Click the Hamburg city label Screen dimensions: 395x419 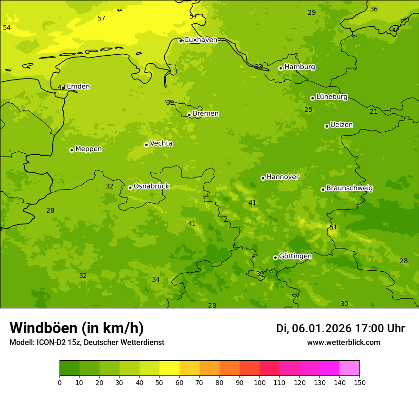[299, 67]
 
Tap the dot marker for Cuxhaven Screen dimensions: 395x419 [180, 41]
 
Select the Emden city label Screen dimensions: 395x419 [78, 87]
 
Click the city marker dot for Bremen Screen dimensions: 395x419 [189, 115]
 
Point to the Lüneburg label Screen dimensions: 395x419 [332, 97]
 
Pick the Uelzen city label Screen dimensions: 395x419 [341, 125]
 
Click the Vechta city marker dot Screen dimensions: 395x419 [146, 145]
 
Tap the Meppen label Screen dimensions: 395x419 [89, 149]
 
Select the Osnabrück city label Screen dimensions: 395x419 [151, 186]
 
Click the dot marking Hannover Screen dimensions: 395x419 [263, 178]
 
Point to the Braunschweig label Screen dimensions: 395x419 [349, 188]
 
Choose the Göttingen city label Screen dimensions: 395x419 [295, 256]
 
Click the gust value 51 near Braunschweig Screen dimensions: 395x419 [333, 227]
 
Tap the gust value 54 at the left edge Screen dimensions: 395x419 [7, 28]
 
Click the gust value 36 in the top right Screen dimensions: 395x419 [374, 9]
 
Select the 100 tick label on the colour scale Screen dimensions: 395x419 [259, 382]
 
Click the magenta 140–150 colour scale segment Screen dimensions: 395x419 [349, 368]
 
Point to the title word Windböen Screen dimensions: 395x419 [44, 328]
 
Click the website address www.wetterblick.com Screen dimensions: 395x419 [343, 342]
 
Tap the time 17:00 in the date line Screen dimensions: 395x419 [371, 328]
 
